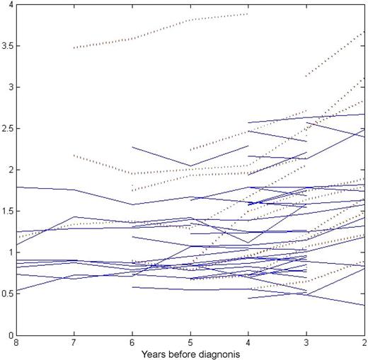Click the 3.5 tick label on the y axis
click(8, 46)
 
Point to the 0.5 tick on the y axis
click(8, 294)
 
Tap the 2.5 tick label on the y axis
click(8, 129)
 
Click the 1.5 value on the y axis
click(8, 211)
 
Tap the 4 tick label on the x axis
click(248, 342)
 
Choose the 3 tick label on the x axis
click(306, 342)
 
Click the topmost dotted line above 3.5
click(163, 28)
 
